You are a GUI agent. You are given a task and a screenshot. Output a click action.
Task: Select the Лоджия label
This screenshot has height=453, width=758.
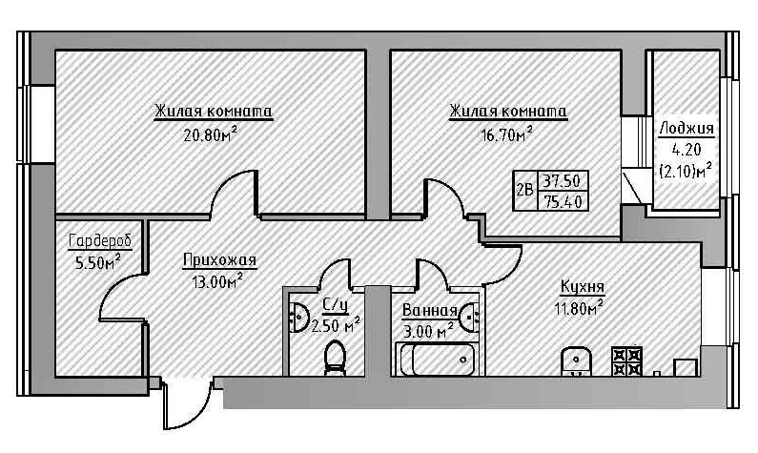686,128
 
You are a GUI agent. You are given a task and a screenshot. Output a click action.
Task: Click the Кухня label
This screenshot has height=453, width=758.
582,287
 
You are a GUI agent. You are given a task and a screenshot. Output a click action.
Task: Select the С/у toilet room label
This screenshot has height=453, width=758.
335,305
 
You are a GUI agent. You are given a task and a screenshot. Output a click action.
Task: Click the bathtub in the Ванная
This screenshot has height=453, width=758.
436,360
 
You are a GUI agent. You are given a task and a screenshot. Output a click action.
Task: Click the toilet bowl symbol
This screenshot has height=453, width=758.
335,357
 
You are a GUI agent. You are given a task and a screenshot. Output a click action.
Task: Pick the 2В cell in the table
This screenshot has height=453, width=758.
523,189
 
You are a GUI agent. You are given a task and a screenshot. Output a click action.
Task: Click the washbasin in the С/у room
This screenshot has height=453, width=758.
297,316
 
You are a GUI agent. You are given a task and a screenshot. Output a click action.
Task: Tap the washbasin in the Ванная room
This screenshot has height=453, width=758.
468,316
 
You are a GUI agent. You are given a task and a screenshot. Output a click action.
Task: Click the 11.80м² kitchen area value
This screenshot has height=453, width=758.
581,307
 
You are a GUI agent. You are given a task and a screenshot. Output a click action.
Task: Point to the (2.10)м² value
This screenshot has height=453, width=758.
686,170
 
